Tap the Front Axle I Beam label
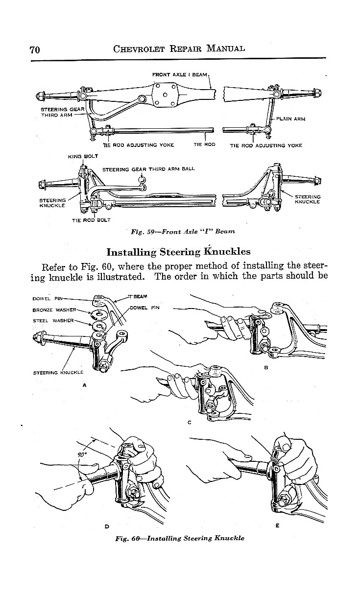[x=180, y=74]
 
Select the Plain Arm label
[x=291, y=119]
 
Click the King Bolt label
[x=83, y=156]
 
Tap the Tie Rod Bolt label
[x=91, y=220]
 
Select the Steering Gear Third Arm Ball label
[x=148, y=169]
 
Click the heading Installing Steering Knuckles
[x=178, y=252]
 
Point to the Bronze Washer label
[x=54, y=310]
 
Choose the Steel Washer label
[x=53, y=320]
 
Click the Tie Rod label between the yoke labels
[x=204, y=145]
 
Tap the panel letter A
[x=84, y=385]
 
